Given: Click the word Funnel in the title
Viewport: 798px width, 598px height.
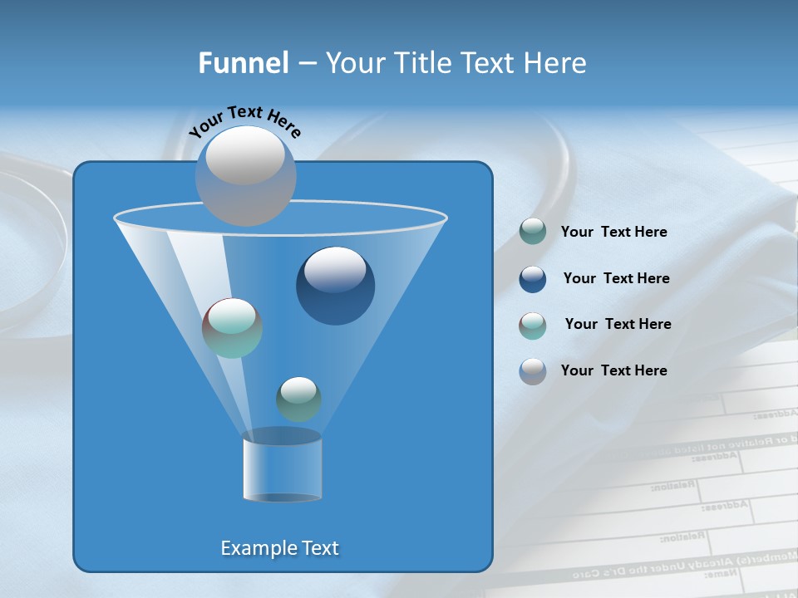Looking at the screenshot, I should (x=243, y=63).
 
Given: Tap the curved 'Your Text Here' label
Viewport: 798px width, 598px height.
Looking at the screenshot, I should (x=244, y=121).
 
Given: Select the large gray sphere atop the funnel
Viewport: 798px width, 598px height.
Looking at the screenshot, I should (x=246, y=175).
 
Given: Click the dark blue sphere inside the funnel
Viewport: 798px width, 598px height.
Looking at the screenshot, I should (x=335, y=287).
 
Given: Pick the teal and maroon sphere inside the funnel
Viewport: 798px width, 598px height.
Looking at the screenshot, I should (x=233, y=328).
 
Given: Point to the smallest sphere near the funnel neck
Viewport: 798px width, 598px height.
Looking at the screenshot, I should (x=298, y=399).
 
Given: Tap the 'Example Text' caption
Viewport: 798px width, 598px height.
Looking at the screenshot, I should (x=280, y=548).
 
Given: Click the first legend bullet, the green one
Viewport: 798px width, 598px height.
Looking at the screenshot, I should (x=533, y=232).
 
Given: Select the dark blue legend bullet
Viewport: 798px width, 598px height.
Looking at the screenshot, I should (x=533, y=279).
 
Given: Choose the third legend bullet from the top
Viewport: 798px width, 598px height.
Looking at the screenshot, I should (x=533, y=326).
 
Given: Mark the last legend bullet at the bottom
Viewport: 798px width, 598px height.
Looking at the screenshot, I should (x=533, y=371).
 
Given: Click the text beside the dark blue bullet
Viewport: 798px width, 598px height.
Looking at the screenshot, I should (x=616, y=278).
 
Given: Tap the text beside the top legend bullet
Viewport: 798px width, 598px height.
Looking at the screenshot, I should (x=613, y=232).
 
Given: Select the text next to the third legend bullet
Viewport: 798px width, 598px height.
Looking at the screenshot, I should (x=618, y=324).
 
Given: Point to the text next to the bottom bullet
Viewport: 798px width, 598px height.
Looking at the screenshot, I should (x=613, y=370).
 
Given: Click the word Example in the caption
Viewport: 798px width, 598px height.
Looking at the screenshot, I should (x=255, y=548).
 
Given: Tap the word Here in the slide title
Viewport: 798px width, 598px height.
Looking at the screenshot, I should (x=555, y=63).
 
